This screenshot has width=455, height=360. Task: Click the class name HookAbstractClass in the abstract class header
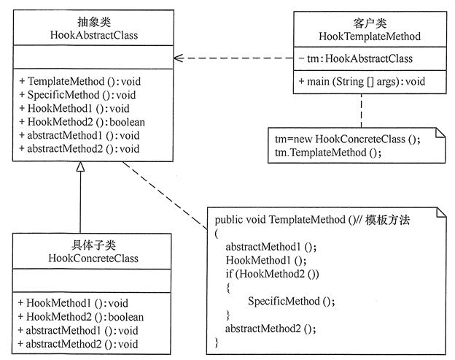(x=94, y=35)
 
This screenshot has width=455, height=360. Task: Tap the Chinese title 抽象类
(x=94, y=22)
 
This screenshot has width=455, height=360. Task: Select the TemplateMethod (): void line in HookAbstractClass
(x=80, y=81)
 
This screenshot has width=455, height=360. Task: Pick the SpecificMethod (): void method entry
(x=77, y=95)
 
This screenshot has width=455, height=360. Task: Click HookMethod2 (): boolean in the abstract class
(x=82, y=122)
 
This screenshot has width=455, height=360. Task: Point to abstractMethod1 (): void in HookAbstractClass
(x=79, y=135)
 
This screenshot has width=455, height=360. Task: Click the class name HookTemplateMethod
(x=370, y=37)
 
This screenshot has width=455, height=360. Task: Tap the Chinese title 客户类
(x=370, y=23)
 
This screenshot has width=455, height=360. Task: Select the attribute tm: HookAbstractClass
(x=356, y=58)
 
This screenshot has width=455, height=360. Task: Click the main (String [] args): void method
(x=362, y=82)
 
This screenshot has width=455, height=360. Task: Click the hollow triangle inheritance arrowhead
(x=80, y=166)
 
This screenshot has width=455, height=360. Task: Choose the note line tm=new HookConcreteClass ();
(x=348, y=139)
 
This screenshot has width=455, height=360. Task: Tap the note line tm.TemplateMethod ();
(x=328, y=153)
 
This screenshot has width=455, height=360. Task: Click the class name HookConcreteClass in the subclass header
(x=93, y=258)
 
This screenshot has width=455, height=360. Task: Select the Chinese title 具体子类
(x=93, y=245)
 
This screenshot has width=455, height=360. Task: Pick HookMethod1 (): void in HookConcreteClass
(x=73, y=303)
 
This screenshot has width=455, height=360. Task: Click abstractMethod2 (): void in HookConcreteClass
(x=78, y=345)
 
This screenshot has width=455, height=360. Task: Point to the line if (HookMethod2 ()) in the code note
(x=273, y=274)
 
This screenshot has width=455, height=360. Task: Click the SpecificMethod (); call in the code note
(x=292, y=302)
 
